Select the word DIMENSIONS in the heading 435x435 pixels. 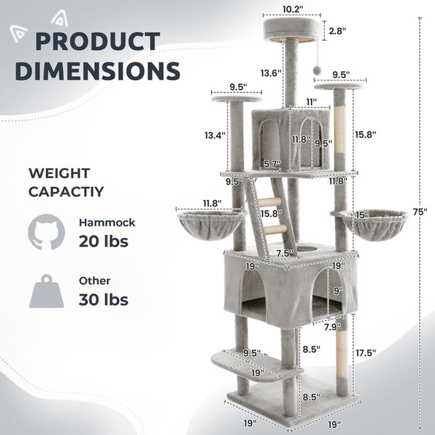(x=97, y=71)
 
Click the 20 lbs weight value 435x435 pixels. (x=104, y=241)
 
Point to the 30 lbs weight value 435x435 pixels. (x=104, y=299)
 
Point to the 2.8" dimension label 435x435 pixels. (x=337, y=31)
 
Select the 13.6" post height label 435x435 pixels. (x=270, y=72)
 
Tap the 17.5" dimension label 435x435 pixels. (x=365, y=353)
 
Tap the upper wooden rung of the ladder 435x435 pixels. (x=269, y=203)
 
